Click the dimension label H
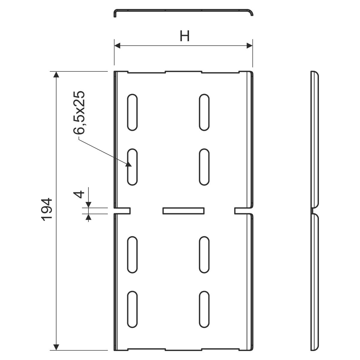(x=184, y=36)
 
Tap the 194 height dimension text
(x=47, y=209)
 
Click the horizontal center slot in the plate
(x=184, y=211)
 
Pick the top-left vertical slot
(x=132, y=112)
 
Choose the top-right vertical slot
(x=204, y=112)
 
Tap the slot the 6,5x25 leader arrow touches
(x=132, y=166)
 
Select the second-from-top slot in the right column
(x=204, y=166)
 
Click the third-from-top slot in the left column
(x=132, y=254)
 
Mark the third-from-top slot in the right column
(x=204, y=254)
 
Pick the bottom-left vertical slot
(x=132, y=309)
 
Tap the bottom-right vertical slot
(x=204, y=309)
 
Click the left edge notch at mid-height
(x=122, y=211)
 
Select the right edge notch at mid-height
(x=243, y=211)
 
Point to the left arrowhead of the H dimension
(x=117, y=46)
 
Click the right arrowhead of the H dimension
(x=249, y=46)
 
